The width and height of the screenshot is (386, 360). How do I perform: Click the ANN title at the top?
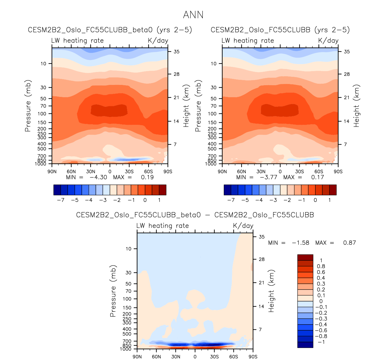pos(193,15)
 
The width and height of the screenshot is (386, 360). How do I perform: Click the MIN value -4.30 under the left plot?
pos(98,177)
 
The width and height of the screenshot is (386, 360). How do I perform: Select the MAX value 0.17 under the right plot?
pos(318,177)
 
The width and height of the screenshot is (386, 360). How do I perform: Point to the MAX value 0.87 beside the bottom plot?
pos(349,243)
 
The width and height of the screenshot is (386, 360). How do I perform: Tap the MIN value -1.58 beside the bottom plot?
pos(300,243)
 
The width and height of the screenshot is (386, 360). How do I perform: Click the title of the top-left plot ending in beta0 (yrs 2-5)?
pos(110,30)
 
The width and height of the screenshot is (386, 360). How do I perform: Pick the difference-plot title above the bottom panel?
pos(195,215)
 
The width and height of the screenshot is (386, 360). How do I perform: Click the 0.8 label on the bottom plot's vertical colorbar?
pos(321,266)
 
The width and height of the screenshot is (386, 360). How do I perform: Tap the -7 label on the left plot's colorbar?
pos(61,200)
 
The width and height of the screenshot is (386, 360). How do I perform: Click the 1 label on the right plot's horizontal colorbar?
pos(330,200)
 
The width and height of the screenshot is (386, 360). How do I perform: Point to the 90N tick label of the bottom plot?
pos(137,357)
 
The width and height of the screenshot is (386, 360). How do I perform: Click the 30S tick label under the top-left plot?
pos(129,172)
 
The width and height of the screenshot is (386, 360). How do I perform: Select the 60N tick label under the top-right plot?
pos(242,172)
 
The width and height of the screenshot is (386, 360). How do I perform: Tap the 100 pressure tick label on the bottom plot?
pos(127,299)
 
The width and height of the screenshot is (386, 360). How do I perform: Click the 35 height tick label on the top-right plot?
pos(347,52)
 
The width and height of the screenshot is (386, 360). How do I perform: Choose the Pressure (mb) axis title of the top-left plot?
pos(28,106)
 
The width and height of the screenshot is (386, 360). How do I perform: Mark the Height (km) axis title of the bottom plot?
pos(272,291)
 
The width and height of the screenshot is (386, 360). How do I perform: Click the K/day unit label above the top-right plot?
pos(328,40)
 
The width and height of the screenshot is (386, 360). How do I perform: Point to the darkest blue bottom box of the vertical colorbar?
pos(305,345)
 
